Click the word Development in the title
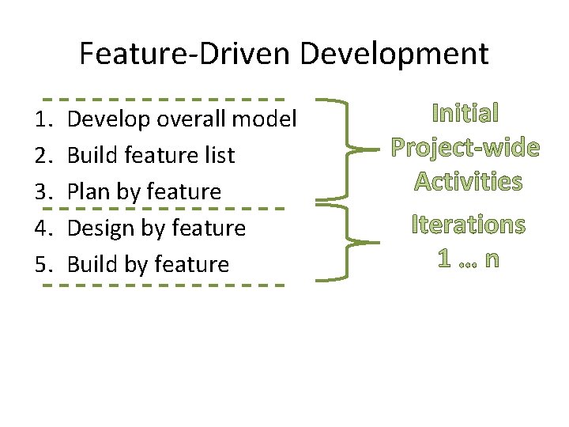coord(394,54)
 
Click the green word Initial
coord(465,114)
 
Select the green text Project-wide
coord(466,148)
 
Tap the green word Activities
coord(468,182)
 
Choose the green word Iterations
coord(468,225)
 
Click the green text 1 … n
coord(468,259)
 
